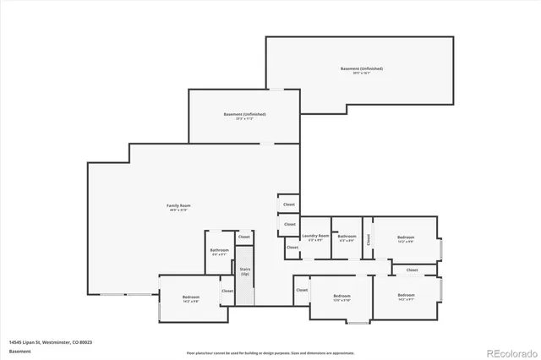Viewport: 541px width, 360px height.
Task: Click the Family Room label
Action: [x=178, y=207]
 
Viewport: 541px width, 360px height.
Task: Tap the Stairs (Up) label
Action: [x=245, y=272]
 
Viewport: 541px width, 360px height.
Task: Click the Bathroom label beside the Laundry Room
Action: [x=347, y=238]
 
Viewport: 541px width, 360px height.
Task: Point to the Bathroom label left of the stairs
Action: [x=219, y=252]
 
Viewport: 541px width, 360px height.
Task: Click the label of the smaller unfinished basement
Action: [x=244, y=116]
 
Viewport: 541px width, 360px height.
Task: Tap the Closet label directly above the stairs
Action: [x=244, y=237]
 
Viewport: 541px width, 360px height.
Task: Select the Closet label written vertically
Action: [x=369, y=240]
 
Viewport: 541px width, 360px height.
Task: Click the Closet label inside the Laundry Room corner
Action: [x=291, y=248]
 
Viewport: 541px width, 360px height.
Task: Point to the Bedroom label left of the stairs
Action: [x=190, y=298]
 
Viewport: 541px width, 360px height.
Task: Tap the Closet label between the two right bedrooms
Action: [x=412, y=270]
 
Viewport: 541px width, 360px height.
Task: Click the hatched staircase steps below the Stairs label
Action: [x=245, y=292]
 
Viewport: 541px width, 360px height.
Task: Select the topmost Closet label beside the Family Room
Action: [x=289, y=205]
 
